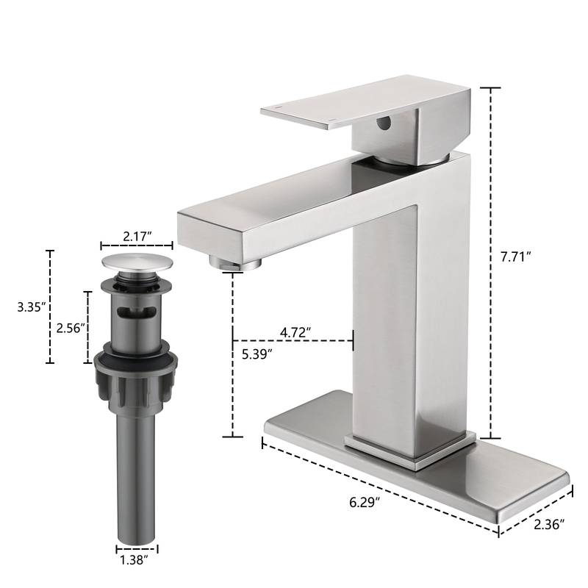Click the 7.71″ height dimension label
pyautogui.click(x=514, y=257)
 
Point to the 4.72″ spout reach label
pyautogui.click(x=295, y=331)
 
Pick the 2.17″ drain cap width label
pyautogui.click(x=137, y=235)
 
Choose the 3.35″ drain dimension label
pyautogui.click(x=32, y=307)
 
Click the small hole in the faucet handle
pyautogui.click(x=383, y=123)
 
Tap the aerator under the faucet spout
pyautogui.click(x=235, y=261)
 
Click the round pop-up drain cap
pyautogui.click(x=136, y=262)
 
